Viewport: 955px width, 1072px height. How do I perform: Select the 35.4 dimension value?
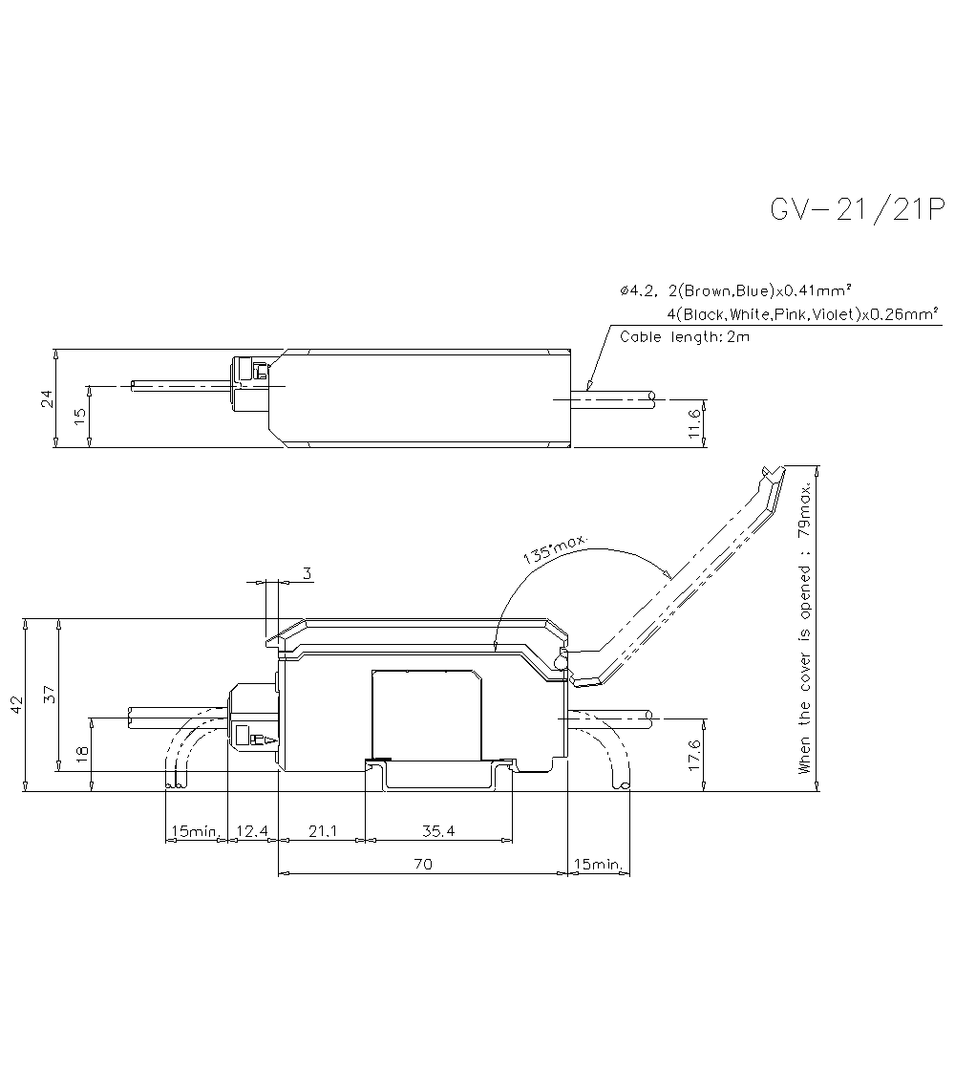437,831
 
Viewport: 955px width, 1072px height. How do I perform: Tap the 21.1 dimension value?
322,831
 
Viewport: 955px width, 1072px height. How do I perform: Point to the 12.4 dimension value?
251,831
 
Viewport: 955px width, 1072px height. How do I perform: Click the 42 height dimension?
16,704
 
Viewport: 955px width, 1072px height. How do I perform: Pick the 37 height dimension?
52,696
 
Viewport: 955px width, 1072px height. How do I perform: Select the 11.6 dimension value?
694,421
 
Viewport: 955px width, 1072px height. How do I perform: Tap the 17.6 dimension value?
694,755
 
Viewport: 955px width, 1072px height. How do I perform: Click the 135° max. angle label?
554,551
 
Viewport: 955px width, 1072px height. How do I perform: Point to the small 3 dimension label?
307,573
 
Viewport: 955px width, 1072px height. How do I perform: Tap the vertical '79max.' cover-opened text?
805,505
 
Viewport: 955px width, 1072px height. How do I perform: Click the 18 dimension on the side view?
82,753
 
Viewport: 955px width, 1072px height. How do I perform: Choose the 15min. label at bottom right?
597,864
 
